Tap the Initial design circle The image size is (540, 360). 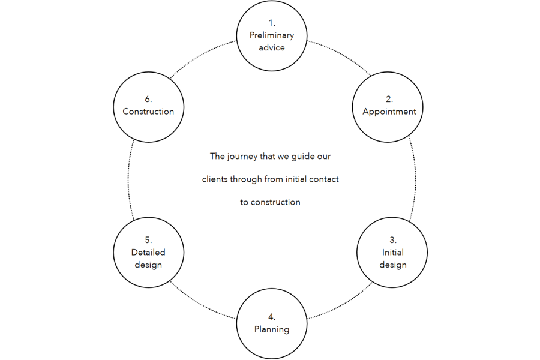click(392, 252)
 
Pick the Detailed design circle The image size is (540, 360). click(148, 252)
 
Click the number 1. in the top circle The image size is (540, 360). click(272, 23)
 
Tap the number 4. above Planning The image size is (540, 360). click(272, 317)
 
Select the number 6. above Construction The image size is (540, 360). click(148, 99)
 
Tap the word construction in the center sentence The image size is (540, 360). click(276, 202)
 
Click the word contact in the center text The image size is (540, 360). click(324, 179)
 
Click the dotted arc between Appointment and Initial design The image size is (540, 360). click(413, 180)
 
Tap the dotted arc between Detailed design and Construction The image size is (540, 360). click(128, 180)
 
